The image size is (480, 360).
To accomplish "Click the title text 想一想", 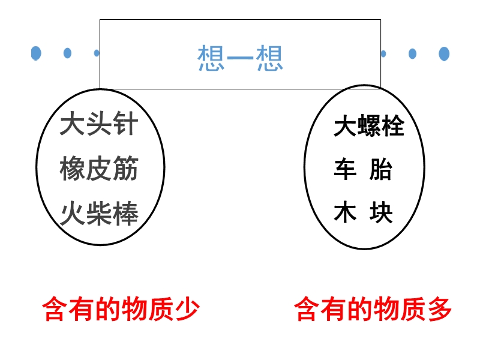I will [x=240, y=58].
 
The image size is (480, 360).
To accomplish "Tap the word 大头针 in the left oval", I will [x=99, y=125].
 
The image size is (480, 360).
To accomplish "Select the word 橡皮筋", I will [x=99, y=170].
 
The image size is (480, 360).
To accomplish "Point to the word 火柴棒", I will [x=99, y=214].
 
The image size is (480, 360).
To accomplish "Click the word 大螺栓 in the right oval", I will [x=369, y=127].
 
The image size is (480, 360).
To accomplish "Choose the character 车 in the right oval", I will [x=345, y=170].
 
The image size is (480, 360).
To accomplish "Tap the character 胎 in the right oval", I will [x=381, y=170].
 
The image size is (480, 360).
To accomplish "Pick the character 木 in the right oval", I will [x=345, y=214].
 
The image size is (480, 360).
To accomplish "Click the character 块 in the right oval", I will [x=381, y=214].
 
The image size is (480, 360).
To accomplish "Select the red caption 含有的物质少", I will [x=121, y=310].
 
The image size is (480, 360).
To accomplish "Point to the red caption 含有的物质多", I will [x=373, y=310].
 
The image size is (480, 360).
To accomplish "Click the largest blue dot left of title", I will [x=37, y=53].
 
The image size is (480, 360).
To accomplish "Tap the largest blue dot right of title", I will [x=444, y=53].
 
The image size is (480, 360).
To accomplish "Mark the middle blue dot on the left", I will [x=67, y=53].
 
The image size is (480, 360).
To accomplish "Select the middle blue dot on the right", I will [x=413, y=53].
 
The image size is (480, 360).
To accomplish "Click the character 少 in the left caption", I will [x=187, y=310].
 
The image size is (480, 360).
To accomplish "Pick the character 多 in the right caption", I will [x=439, y=310].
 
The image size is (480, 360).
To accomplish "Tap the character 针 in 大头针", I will [x=125, y=125].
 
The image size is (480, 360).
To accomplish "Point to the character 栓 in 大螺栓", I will [x=393, y=127].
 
